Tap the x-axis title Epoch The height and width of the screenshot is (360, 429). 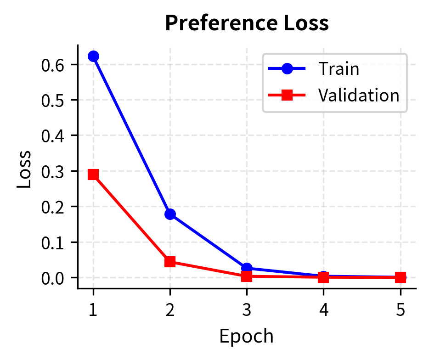[x=246, y=337]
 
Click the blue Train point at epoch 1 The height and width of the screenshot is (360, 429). [x=93, y=56]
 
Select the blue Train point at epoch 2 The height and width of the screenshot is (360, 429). [x=170, y=214]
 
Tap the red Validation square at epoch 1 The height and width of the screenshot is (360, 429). [x=93, y=174]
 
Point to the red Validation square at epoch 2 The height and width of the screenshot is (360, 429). [x=170, y=262]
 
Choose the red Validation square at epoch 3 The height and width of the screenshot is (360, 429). [x=247, y=276]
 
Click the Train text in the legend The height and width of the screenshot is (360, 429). [x=339, y=69]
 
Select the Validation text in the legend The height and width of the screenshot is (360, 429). [x=359, y=95]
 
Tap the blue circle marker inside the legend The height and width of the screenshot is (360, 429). [x=287, y=69]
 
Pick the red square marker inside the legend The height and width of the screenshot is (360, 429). [x=287, y=95]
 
